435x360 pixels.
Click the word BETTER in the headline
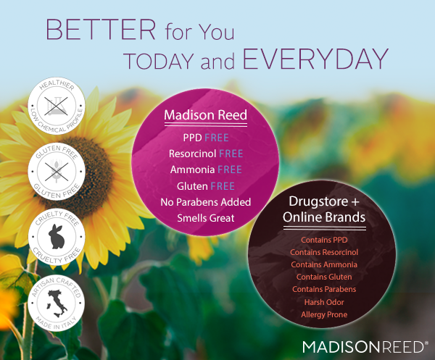click(101, 30)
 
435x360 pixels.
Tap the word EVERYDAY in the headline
click(315, 59)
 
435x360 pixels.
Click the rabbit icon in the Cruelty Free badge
click(57, 236)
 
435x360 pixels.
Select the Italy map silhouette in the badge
click(57, 304)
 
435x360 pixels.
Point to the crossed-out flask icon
click(57, 106)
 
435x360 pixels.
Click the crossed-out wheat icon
click(57, 172)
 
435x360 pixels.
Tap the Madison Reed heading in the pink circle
click(206, 114)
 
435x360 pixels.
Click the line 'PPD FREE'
click(206, 138)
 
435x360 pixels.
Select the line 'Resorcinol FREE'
click(206, 154)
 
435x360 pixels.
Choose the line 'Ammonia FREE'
click(206, 169)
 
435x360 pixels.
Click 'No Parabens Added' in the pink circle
click(206, 202)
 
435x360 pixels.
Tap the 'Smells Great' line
click(206, 218)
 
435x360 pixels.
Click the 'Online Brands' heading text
click(324, 217)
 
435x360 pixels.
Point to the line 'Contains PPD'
click(324, 240)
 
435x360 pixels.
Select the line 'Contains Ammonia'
click(324, 264)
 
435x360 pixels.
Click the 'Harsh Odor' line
click(324, 302)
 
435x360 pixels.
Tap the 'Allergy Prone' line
click(324, 314)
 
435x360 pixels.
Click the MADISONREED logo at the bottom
click(363, 347)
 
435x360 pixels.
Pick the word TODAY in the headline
click(159, 61)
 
